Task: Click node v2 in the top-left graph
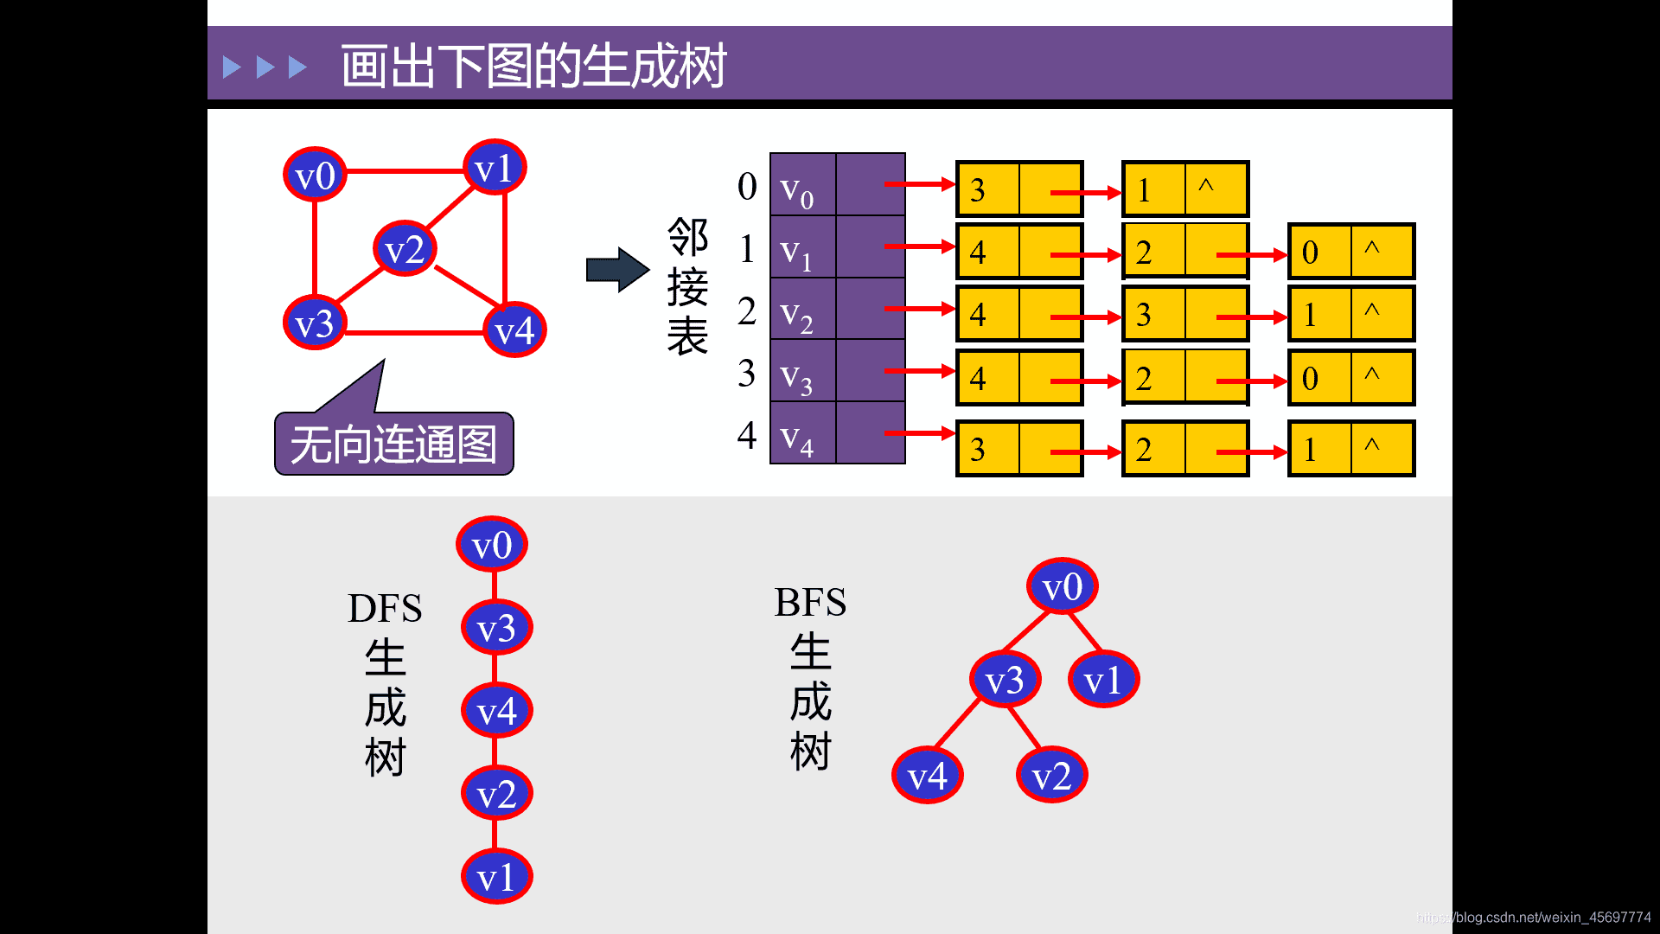pos(405,249)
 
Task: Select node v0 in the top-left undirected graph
pos(315,175)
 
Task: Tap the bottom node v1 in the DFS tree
pos(496,877)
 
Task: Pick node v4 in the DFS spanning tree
pos(496,711)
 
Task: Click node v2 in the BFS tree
pos(1051,775)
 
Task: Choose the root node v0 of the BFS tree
pos(1062,586)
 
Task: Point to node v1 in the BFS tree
pos(1103,680)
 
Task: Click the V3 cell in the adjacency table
pos(802,372)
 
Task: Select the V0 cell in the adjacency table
pos(802,185)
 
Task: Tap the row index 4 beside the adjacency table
pos(747,434)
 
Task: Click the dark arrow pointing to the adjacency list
pos(617,270)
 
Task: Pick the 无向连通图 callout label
pos(394,445)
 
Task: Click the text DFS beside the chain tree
pos(385,609)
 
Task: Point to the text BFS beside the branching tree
pos(810,603)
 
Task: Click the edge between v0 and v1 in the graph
pos(405,171)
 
